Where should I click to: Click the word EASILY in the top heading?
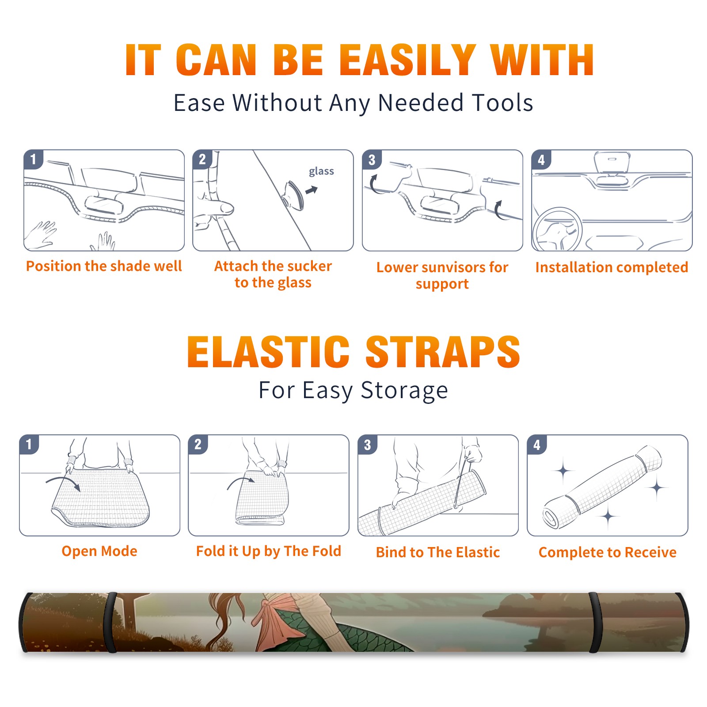407,60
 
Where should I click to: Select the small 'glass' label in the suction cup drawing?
321,171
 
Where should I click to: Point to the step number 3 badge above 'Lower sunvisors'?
372,160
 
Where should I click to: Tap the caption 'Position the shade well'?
104,266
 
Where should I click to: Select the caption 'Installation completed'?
612,267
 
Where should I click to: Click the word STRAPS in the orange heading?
443,352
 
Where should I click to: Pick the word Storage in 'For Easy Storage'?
404,391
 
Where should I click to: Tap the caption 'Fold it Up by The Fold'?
269,551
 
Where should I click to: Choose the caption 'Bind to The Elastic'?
438,552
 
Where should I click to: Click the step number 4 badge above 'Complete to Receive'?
537,445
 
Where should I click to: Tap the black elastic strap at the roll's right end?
595,623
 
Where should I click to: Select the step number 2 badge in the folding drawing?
198,445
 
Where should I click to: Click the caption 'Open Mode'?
99,551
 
